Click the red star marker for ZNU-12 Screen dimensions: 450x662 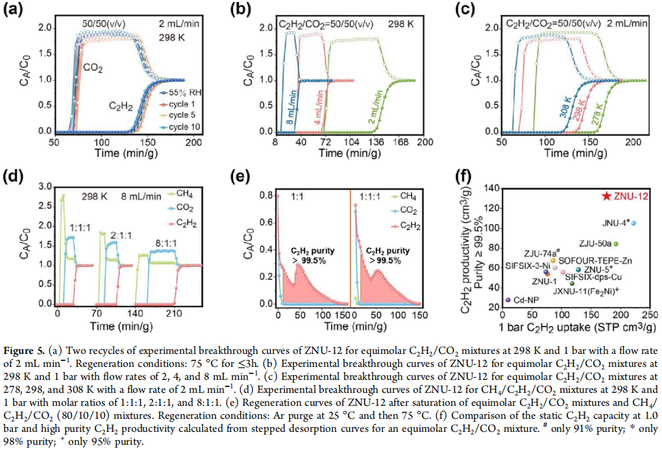coord(605,195)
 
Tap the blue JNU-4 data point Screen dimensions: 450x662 coord(633,223)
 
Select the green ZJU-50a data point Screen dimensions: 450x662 coord(616,244)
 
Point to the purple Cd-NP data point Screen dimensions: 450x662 coord(508,300)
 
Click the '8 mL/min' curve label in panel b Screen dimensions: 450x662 coord(287,110)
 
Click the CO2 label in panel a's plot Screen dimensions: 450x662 coord(92,67)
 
